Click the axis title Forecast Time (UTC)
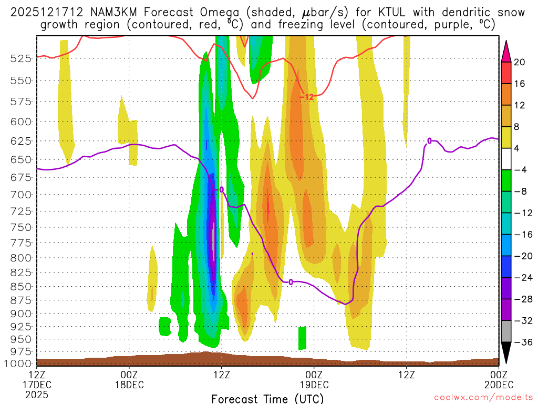[x=268, y=398]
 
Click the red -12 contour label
[x=306, y=97]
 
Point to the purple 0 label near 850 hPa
[x=291, y=282]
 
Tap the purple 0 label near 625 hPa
[x=429, y=141]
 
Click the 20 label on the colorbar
[x=519, y=62]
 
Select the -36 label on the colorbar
[x=520, y=342]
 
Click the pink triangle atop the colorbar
[x=506, y=50]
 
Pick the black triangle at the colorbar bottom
[x=506, y=353]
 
